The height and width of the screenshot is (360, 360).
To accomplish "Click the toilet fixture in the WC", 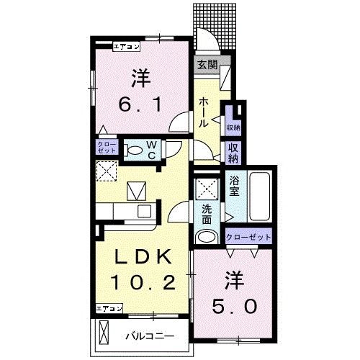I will point(134,150).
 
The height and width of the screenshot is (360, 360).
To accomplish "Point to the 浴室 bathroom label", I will point(235,188).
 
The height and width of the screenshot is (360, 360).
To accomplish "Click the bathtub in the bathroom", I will point(258,197).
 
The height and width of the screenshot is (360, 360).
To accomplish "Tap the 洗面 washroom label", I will point(207,214).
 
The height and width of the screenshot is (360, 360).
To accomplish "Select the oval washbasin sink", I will point(207,238).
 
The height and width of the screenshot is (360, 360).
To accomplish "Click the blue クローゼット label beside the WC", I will point(106,148).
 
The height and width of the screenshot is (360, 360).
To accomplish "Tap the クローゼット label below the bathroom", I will point(248,237).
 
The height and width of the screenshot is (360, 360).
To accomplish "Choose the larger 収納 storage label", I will point(233,153).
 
